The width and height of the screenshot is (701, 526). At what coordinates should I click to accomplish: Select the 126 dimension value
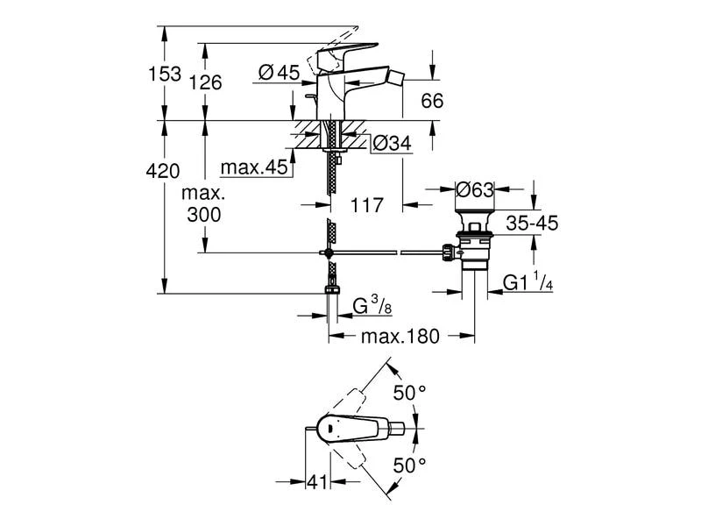[207, 82]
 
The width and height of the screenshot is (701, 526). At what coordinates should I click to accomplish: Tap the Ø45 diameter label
[280, 75]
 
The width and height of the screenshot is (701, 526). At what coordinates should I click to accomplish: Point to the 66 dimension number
[431, 101]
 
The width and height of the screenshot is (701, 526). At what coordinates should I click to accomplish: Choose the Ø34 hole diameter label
[392, 142]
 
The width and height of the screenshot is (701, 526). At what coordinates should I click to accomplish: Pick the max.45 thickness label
[254, 167]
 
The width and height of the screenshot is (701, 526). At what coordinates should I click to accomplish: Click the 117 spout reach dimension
[367, 205]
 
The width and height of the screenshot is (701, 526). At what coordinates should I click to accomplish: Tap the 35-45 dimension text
[532, 224]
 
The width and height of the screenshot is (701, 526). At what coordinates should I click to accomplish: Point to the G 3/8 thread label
[367, 306]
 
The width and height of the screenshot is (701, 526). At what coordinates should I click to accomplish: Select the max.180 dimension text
[402, 337]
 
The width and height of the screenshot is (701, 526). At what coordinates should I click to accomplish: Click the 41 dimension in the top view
[316, 481]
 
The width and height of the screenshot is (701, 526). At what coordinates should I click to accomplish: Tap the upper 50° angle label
[409, 394]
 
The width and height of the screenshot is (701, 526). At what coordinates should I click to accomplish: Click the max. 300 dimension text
[203, 203]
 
